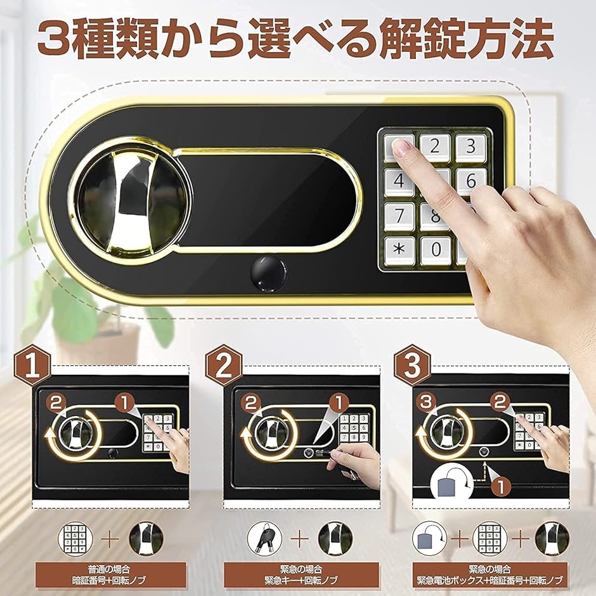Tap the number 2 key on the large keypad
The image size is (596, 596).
pos(435,148)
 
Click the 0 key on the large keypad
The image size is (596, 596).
pos(435,249)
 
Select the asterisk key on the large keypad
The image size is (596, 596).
pos(399,249)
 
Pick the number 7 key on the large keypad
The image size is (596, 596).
pos(399,215)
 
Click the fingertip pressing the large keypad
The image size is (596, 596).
pos(401,147)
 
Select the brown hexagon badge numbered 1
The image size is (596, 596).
pos(32,365)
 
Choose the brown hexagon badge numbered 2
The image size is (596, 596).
pos(223,365)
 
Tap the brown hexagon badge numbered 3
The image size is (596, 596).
pos(411,365)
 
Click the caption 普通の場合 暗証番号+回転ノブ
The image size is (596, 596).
pos(110,574)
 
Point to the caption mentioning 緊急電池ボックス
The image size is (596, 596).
pos(490,574)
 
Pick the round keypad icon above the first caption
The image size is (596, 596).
pos(74,538)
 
